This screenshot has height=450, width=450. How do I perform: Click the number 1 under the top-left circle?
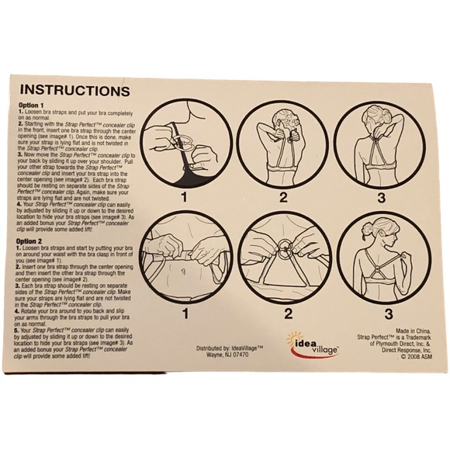(185, 196)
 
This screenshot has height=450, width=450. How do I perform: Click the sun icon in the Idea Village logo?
(295, 338)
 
